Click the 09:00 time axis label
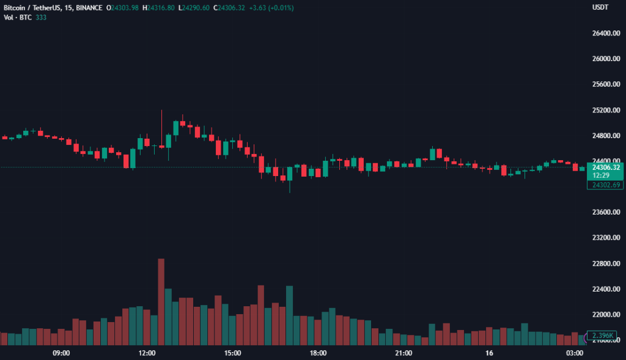click(61, 353)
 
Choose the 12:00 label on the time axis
click(147, 353)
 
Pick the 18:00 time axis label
click(318, 353)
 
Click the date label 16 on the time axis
click(489, 353)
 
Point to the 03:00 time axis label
click(575, 353)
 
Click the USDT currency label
click(600, 7)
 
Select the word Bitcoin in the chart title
click(15, 7)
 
